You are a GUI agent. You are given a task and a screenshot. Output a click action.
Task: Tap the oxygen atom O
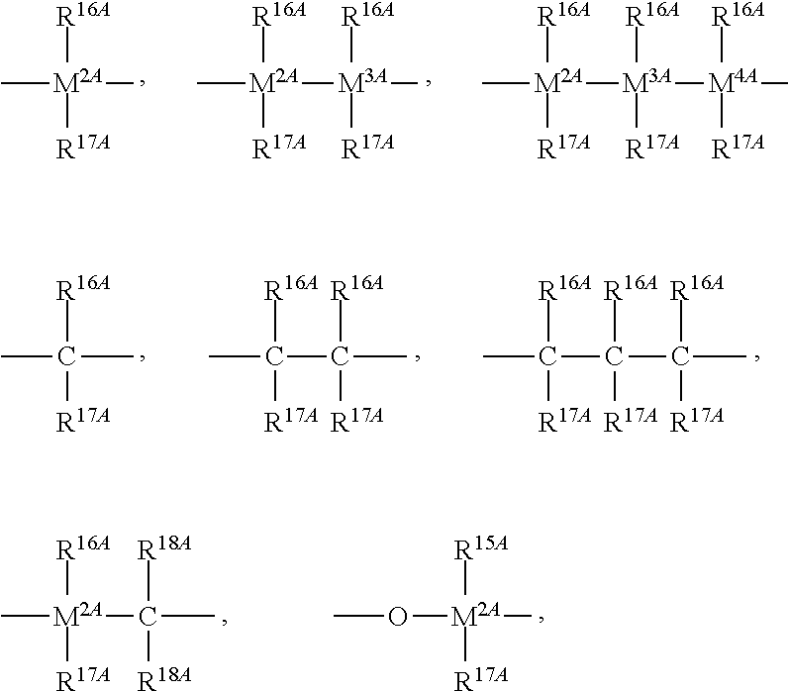pos(397,617)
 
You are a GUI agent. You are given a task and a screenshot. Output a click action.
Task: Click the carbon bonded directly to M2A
pos(148,617)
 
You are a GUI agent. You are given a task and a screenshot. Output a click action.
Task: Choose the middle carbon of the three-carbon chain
pos(614,355)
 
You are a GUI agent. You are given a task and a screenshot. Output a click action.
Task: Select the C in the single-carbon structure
pos(66,355)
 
